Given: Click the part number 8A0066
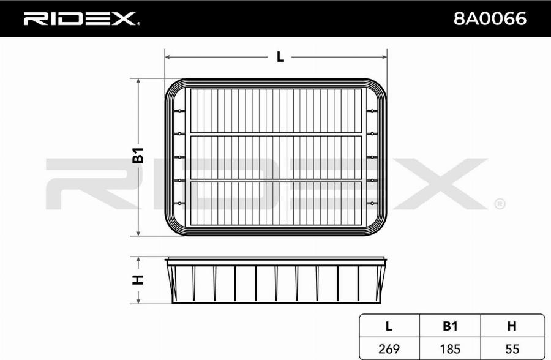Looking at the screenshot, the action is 490,18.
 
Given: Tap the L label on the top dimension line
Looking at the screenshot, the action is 280,56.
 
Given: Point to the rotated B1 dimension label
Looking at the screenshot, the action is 138,156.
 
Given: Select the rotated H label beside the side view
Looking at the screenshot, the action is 138,280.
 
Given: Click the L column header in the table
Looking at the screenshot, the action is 388,326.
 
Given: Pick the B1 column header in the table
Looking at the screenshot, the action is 450,326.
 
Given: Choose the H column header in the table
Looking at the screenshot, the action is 512,326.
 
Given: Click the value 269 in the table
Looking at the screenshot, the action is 389,349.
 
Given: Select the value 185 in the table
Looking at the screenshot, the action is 450,349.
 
